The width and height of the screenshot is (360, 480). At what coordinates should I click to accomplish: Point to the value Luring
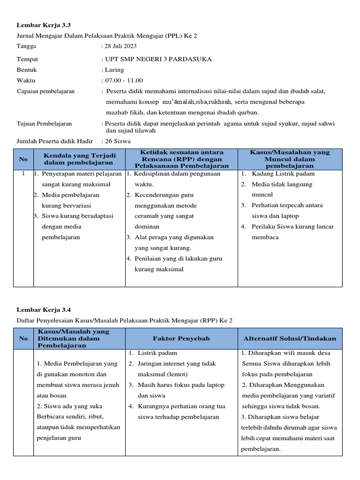pyautogui.click(x=115, y=70)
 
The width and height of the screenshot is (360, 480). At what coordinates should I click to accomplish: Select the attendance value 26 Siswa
pyautogui.click(x=119, y=141)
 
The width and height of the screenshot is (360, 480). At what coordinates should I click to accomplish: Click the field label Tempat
pyautogui.click(x=27, y=59)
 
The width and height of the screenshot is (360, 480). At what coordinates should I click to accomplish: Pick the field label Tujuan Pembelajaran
pyautogui.click(x=44, y=123)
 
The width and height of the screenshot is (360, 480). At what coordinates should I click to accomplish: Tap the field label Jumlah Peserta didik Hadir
pyautogui.click(x=54, y=141)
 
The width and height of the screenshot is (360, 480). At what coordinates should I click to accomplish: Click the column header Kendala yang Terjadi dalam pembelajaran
pyautogui.click(x=79, y=159)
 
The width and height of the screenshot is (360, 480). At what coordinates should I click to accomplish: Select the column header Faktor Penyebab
pyautogui.click(x=181, y=338)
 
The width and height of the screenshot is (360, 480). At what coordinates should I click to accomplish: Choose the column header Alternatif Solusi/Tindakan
pyautogui.click(x=289, y=338)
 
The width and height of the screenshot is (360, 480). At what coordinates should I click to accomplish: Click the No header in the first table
pyautogui.click(x=23, y=159)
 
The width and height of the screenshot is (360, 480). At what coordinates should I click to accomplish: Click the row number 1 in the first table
pyautogui.click(x=23, y=173)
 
